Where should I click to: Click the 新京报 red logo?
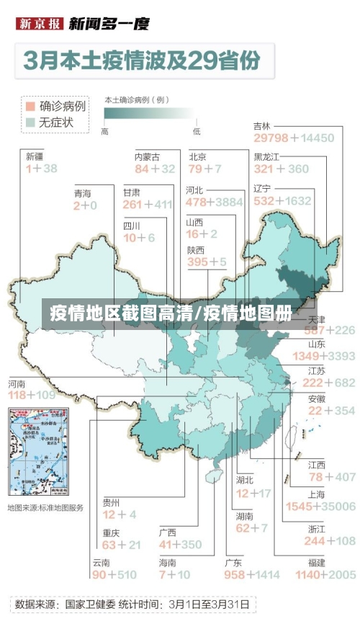39,24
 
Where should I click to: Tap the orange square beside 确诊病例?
30,106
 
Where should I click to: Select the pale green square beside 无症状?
30,122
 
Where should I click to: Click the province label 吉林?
263,126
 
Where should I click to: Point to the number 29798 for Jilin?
271,138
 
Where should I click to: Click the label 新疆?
35,156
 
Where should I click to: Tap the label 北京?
198,156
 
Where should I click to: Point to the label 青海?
83,193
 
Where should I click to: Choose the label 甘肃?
132,192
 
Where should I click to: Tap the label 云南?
101,562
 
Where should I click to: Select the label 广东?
233,562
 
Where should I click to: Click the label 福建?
316,562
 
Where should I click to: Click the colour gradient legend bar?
149,114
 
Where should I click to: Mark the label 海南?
168,562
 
